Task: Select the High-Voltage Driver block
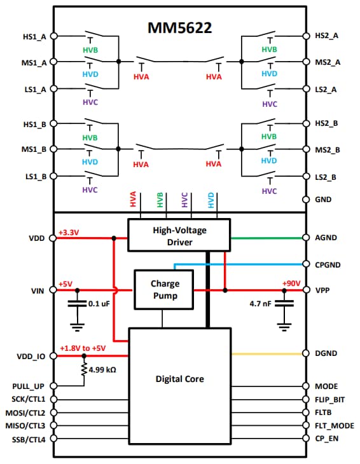[x=179, y=235]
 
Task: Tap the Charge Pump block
[x=165, y=289]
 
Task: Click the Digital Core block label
[x=180, y=379]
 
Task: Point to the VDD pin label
[x=36, y=238]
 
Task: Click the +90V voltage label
[x=292, y=283]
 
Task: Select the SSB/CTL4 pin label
[x=29, y=439]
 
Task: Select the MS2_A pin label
[x=328, y=62]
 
